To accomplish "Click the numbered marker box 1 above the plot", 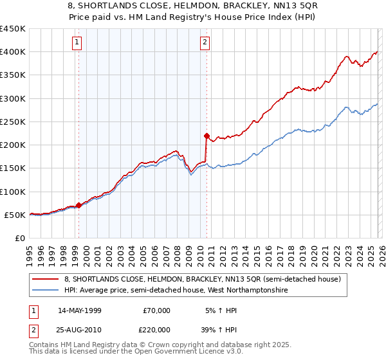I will [77, 43].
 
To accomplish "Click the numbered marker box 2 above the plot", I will [205, 43].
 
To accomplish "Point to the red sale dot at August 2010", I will [207, 136].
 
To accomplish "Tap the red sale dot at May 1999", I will [79, 206].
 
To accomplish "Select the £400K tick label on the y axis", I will [13, 52].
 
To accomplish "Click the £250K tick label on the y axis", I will [13, 122].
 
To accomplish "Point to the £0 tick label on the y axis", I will [19, 238].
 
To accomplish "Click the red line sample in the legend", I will [46, 279].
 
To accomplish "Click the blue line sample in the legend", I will [46, 291].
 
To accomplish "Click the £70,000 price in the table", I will [156, 310].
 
